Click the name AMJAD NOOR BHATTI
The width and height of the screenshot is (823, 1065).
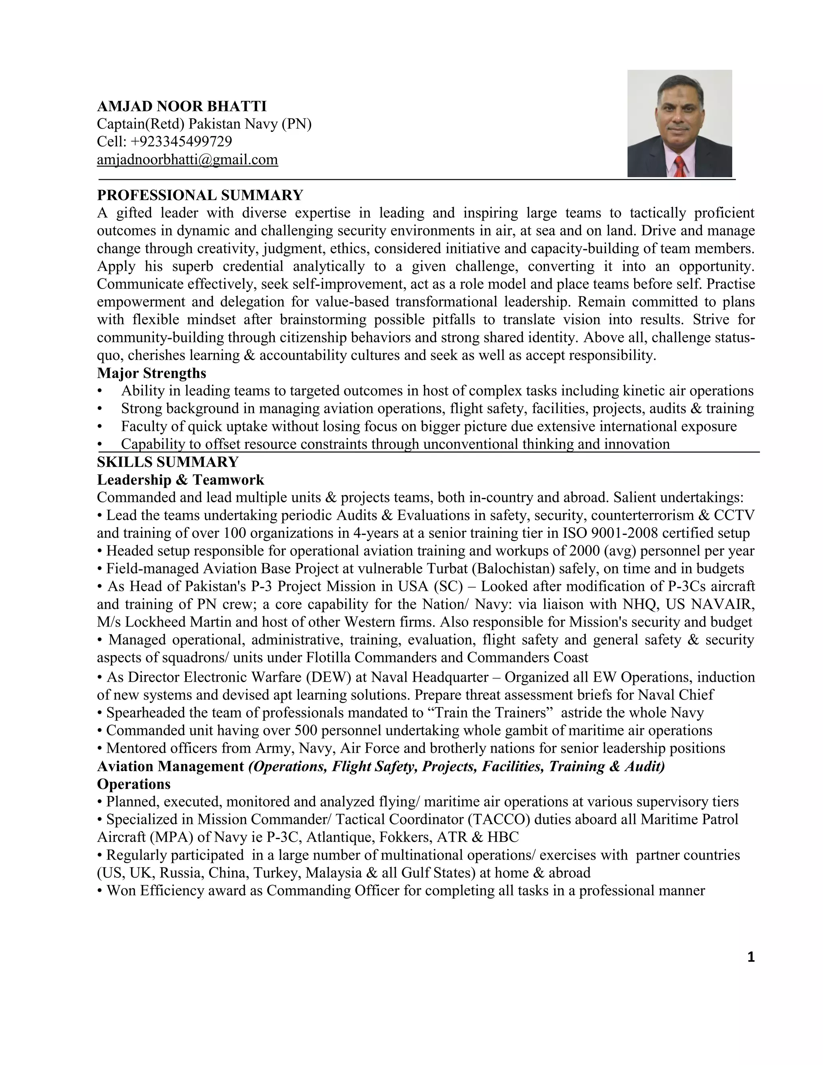182,106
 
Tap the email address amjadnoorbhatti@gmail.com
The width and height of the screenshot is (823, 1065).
187,160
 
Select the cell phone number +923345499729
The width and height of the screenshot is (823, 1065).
181,141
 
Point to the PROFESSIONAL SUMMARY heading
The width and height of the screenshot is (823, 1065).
200,195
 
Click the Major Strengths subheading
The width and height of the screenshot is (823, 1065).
151,373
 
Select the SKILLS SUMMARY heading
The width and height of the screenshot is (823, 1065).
168,462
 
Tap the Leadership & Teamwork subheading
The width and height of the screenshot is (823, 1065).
180,480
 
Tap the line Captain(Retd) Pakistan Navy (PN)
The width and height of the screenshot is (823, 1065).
204,124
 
